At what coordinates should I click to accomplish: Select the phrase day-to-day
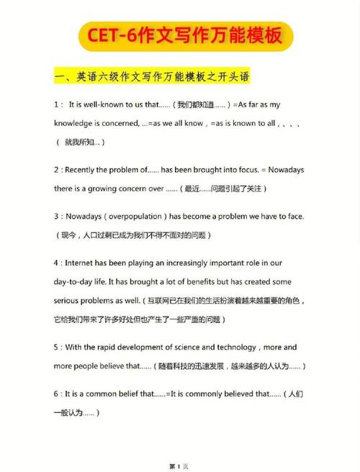point(76,282)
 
